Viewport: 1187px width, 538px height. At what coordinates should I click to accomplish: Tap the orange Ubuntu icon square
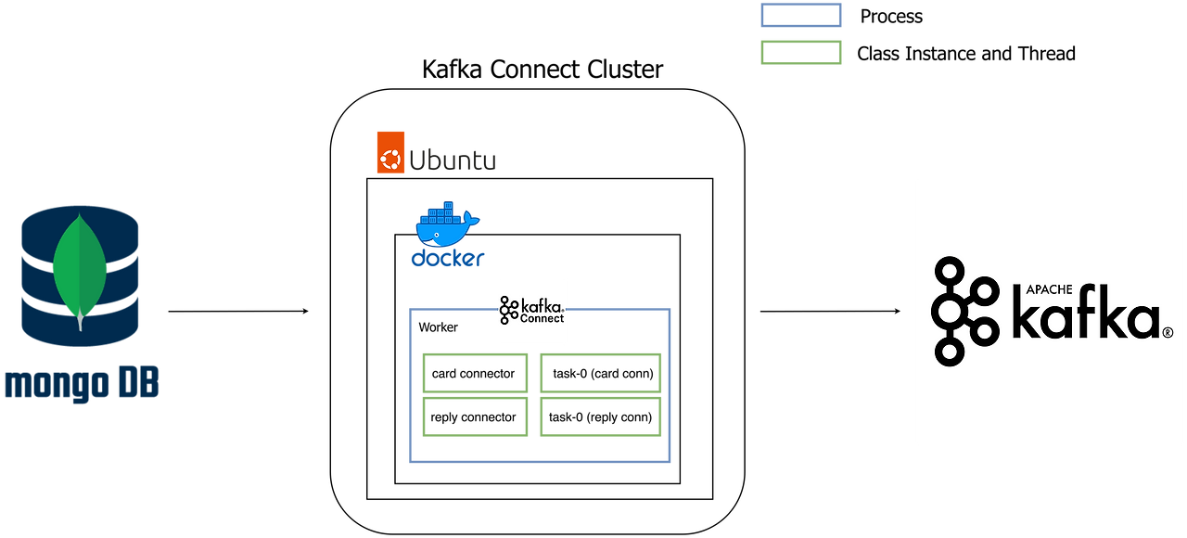tap(390, 152)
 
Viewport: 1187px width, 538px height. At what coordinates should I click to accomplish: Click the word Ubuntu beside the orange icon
tap(454, 160)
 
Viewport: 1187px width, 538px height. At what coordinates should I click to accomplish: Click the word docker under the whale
tap(448, 260)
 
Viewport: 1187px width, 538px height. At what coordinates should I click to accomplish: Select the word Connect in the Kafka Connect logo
tap(542, 317)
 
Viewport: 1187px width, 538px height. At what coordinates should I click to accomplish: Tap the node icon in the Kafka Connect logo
tap(509, 311)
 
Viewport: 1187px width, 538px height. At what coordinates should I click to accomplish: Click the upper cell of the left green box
tap(474, 371)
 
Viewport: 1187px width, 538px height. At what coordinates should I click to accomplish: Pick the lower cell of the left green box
tap(474, 417)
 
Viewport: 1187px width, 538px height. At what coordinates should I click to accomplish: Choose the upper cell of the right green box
tap(601, 371)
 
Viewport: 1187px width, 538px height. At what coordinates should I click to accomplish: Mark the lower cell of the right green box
tap(601, 417)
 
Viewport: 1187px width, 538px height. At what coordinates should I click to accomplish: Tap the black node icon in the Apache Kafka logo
tap(965, 312)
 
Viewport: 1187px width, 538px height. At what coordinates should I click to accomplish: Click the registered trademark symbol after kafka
tap(1168, 332)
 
